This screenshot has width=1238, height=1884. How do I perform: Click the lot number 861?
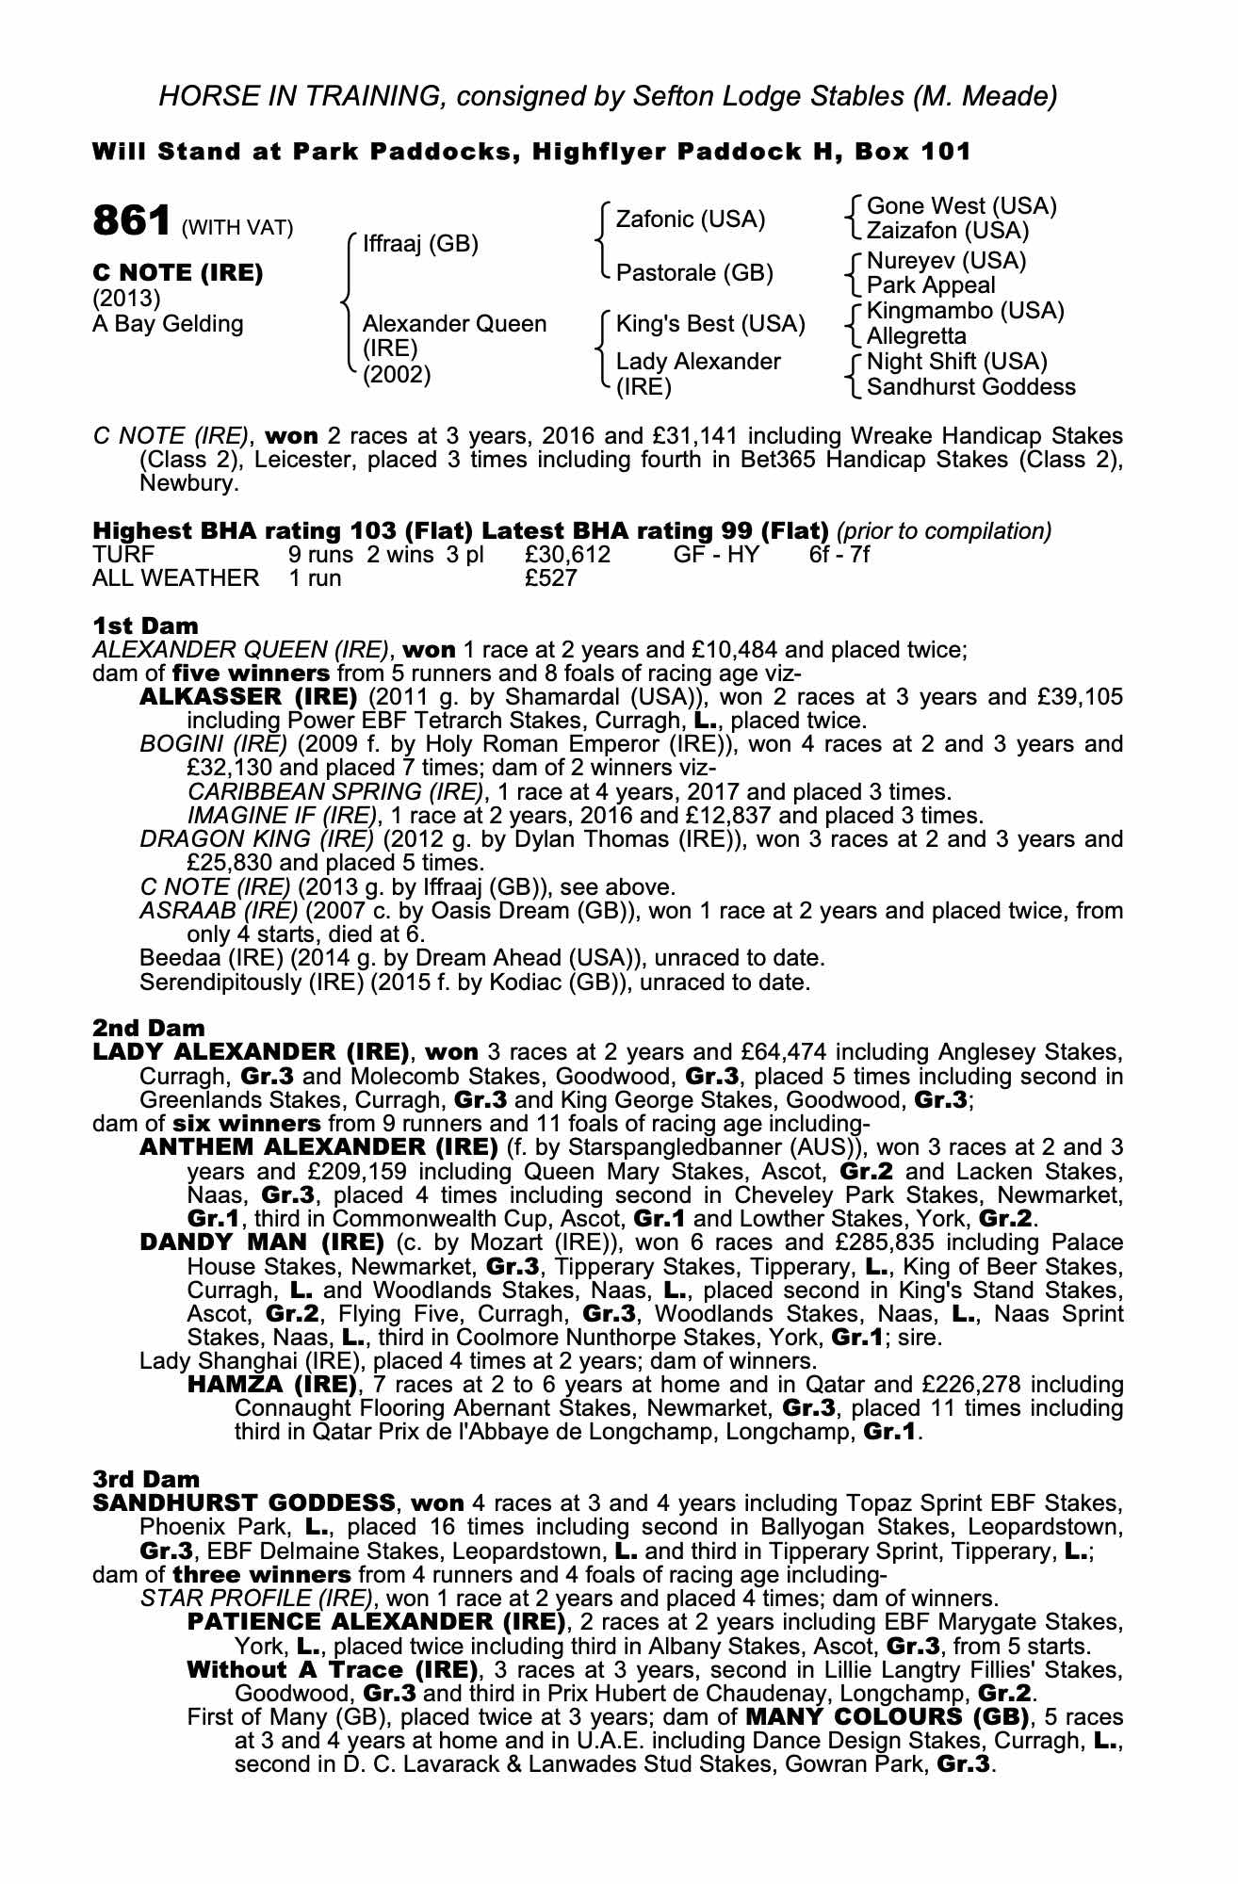(130, 221)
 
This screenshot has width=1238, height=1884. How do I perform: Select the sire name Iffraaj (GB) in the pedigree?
(420, 244)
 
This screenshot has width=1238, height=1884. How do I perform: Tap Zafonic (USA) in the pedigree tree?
(690, 219)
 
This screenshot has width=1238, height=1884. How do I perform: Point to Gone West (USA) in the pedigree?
(961, 205)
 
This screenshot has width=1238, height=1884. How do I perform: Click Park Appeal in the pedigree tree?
(931, 285)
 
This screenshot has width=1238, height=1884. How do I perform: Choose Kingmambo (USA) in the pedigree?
(965, 311)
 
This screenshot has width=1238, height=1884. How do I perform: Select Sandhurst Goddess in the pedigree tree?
(970, 387)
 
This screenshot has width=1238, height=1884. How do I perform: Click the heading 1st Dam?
(145, 625)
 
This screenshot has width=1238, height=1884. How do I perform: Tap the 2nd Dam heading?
(148, 1028)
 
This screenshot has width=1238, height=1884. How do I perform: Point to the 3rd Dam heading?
(147, 1480)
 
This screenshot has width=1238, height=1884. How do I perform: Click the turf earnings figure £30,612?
(567, 555)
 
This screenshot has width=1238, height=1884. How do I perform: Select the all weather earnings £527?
(550, 578)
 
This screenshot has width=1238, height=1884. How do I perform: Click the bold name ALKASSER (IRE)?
(248, 697)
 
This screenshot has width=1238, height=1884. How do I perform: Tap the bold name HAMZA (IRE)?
(271, 1385)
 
